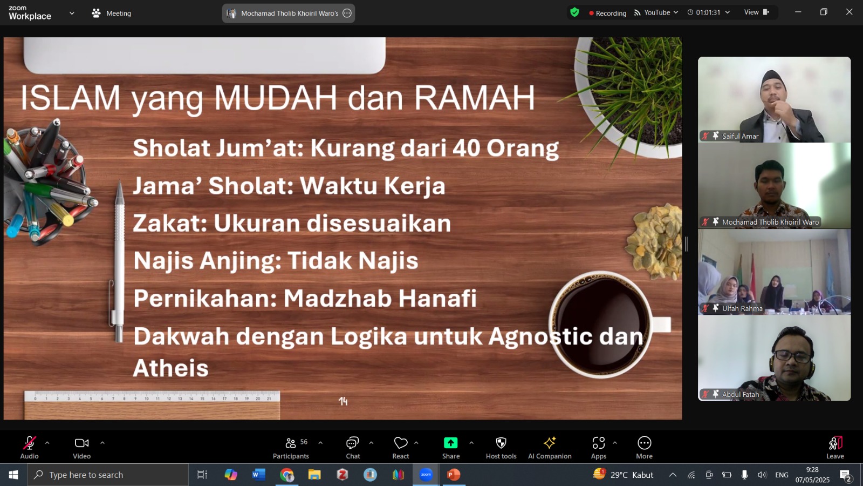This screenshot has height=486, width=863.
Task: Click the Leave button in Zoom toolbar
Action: (x=835, y=448)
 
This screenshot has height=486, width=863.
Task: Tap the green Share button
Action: (x=450, y=443)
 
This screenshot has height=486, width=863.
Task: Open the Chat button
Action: (x=353, y=448)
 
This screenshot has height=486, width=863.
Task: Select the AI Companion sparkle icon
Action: (x=550, y=443)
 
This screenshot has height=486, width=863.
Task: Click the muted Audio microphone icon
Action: (x=29, y=443)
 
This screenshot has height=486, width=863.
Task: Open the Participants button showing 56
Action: (x=291, y=448)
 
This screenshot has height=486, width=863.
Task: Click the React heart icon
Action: (x=401, y=443)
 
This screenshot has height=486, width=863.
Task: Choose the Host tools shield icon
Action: (x=501, y=443)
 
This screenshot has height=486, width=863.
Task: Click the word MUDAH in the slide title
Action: (x=276, y=98)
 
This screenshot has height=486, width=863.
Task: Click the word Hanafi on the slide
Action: (x=437, y=298)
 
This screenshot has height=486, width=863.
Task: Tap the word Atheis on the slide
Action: (x=170, y=368)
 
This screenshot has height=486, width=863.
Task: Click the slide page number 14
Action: (x=343, y=402)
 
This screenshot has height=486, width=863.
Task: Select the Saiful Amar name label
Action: (x=740, y=136)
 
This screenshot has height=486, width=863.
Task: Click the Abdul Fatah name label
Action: (x=741, y=394)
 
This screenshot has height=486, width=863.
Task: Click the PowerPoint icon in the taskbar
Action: (x=454, y=475)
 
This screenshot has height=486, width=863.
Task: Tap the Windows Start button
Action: (x=13, y=475)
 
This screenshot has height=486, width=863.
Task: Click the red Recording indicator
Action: (x=607, y=13)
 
